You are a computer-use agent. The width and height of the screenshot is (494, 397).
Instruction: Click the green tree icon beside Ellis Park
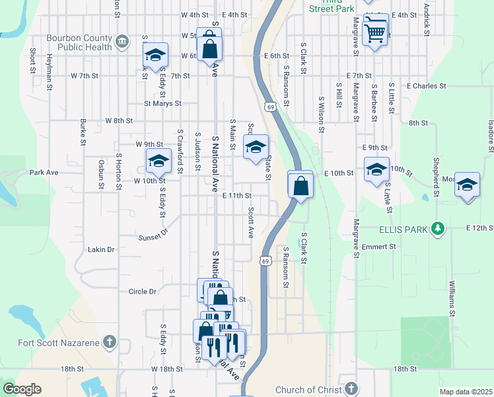point(436,229)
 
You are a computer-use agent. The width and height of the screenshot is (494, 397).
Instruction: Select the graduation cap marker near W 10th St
point(159,161)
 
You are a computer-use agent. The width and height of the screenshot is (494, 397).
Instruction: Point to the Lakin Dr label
point(102,249)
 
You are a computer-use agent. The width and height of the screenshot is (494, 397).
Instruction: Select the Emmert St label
point(378,246)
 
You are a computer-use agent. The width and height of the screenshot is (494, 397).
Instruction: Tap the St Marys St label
point(162,103)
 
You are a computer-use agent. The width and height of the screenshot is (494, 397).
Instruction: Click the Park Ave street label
point(44,172)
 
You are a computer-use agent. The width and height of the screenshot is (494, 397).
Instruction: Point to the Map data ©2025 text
point(466,392)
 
